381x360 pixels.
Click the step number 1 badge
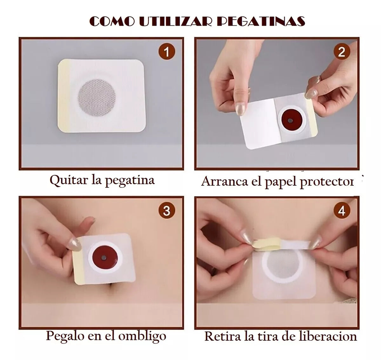(167, 51)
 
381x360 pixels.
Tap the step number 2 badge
(342, 51)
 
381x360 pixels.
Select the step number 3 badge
(167, 210)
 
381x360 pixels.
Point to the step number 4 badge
(342, 210)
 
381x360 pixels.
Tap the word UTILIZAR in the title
(176, 21)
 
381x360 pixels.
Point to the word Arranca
(224, 181)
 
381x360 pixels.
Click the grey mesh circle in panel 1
(97, 97)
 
